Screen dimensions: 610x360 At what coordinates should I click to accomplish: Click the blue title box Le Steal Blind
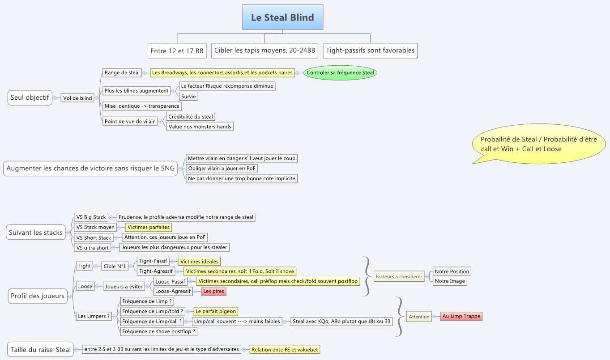[x=282, y=17]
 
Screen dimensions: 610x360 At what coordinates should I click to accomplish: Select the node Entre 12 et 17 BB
[x=177, y=51]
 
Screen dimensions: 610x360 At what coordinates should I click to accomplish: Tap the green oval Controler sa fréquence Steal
[x=340, y=72]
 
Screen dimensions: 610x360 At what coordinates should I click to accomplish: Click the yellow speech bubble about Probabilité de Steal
[x=539, y=144]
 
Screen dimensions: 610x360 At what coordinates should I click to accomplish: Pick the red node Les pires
[x=214, y=291]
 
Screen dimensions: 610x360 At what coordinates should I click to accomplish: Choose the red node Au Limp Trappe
[x=461, y=316]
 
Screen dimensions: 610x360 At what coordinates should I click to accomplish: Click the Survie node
[x=188, y=96]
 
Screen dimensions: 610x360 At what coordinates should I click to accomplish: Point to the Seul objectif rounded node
[x=30, y=97]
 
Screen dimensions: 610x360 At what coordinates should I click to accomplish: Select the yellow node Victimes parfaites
[x=149, y=227]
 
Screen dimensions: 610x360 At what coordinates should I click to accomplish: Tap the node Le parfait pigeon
[x=216, y=311]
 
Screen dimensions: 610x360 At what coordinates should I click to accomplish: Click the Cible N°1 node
[x=115, y=266]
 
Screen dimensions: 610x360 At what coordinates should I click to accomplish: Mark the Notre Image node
[x=450, y=281]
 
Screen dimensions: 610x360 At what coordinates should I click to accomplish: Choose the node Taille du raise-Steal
[x=40, y=349]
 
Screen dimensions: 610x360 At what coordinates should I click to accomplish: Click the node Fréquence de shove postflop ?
[x=158, y=331]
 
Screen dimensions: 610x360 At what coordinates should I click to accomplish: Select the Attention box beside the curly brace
[x=419, y=317]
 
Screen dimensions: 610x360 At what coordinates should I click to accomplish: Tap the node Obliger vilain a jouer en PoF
[x=222, y=169]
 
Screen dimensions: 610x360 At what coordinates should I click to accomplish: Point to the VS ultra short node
[x=93, y=248]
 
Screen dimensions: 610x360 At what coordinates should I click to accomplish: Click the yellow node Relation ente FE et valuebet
[x=285, y=349]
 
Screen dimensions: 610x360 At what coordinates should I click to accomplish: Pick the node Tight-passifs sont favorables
[x=370, y=51]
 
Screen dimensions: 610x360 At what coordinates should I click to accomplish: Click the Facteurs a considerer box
[x=399, y=276]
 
